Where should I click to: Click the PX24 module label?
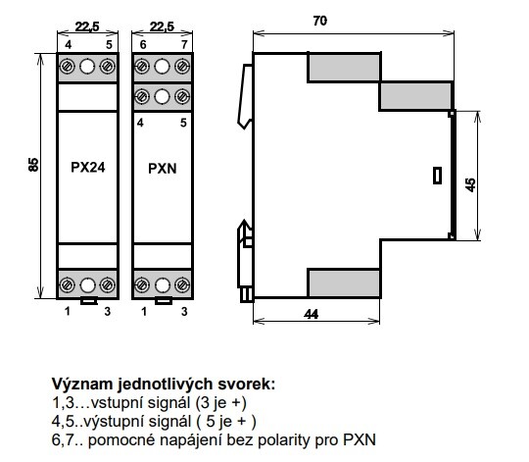point(88,167)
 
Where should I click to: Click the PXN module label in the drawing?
point(163,168)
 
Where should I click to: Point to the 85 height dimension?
point(33,165)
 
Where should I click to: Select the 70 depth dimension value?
point(319,21)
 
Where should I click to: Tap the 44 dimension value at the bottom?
point(312,315)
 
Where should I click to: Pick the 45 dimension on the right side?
point(470,185)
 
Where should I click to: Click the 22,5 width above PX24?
point(87,26)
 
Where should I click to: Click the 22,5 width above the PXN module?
point(162,26)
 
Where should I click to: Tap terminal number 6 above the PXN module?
point(143,44)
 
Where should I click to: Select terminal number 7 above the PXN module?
point(184,44)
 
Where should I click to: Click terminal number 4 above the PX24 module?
point(69,44)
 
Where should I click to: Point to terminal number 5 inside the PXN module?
point(183,123)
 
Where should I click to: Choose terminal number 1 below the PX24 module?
point(68,311)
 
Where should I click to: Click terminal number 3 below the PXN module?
point(184,311)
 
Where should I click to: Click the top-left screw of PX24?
point(68,67)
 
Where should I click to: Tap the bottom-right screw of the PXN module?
point(182,285)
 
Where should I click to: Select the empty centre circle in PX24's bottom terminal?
point(87,285)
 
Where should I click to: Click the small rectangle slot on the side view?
point(437,176)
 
